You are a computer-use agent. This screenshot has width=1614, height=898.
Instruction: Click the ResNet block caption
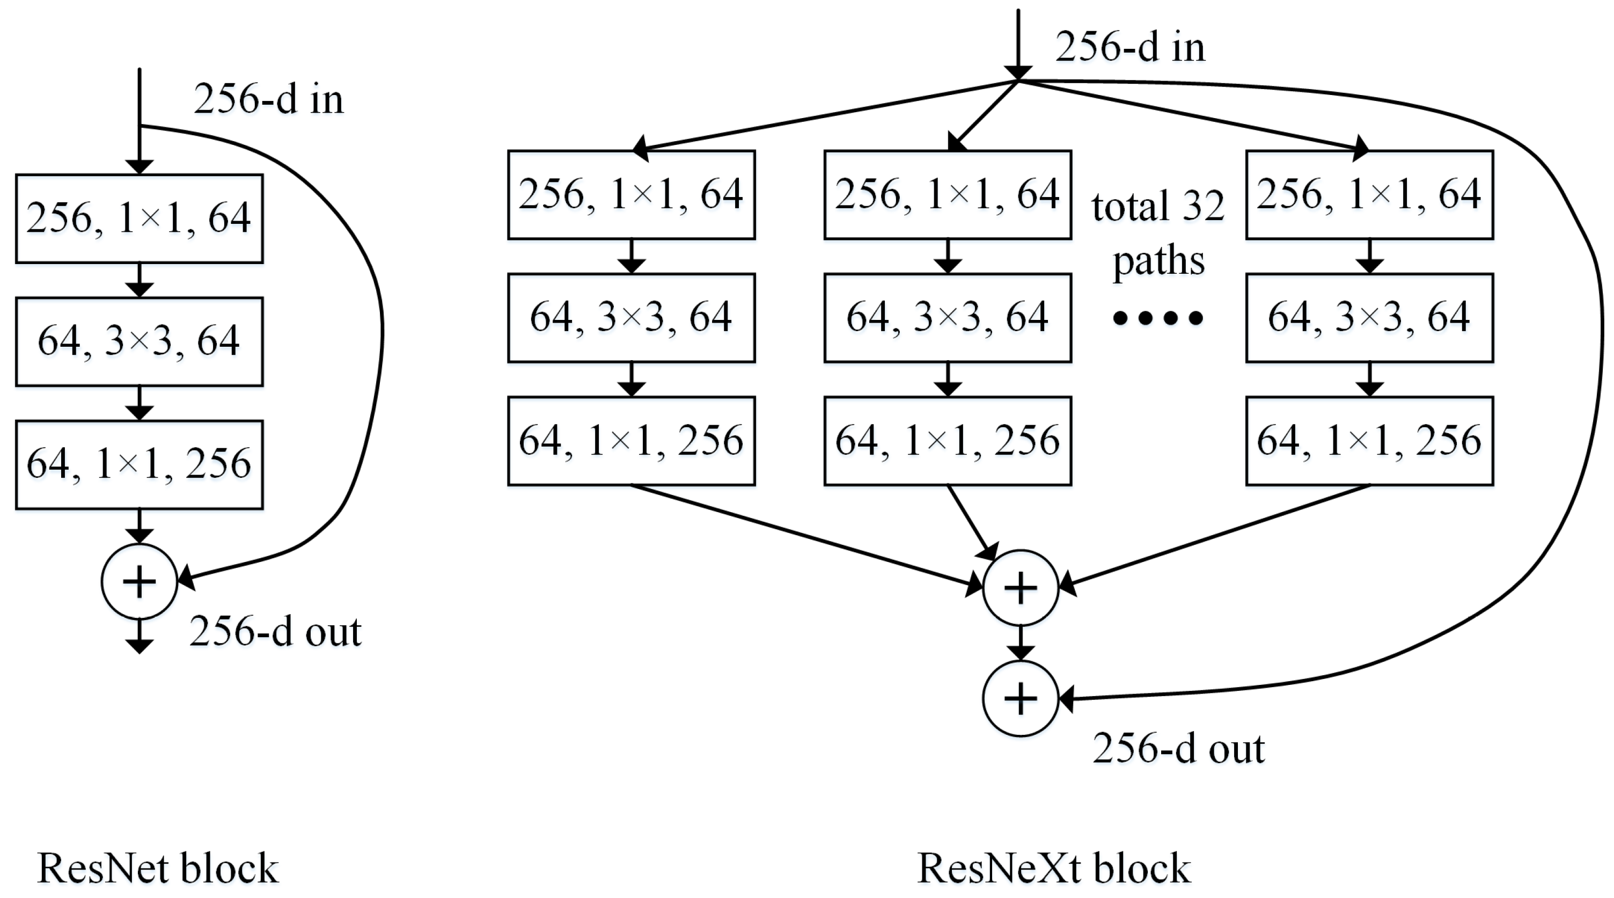157,868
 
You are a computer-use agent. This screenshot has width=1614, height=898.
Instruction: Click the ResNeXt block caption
1053,868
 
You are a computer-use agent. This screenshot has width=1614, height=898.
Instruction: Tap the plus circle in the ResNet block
139,581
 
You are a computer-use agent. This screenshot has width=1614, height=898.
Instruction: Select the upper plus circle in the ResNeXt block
1020,588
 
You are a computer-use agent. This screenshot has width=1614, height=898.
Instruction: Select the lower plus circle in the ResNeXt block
1020,698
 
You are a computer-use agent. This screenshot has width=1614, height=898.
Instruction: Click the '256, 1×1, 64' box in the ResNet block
139,218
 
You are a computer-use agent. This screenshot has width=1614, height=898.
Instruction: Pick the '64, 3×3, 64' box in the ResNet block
139,341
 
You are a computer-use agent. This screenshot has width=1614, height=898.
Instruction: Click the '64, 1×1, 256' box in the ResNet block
139,464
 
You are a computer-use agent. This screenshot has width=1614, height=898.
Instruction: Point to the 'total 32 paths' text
1158,232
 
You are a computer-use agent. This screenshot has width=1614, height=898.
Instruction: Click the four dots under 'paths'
1158,318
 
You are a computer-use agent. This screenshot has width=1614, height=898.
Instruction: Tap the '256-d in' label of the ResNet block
269,99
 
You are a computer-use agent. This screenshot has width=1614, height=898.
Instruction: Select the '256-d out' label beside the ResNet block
275,631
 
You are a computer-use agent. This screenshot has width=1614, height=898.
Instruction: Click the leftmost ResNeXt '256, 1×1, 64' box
631,194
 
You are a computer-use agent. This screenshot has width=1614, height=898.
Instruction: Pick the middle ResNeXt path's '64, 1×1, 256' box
948,441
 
